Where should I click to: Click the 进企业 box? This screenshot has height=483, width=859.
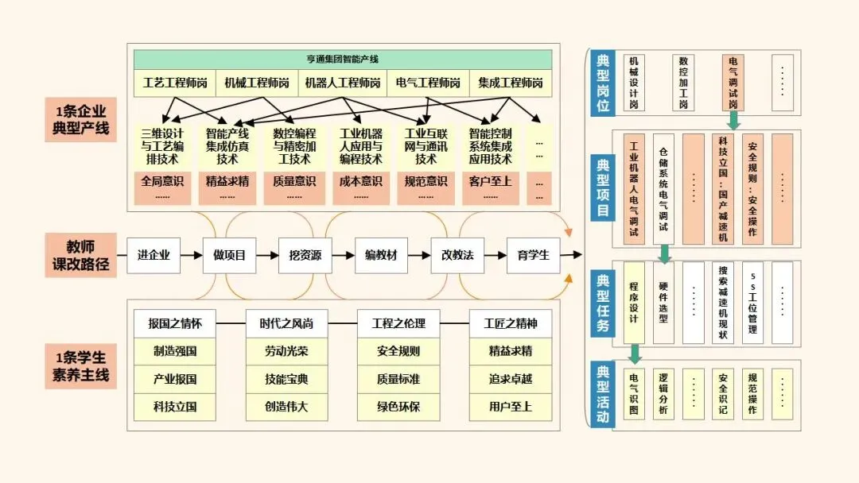[x=154, y=255]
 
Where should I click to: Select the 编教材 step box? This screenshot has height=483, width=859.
[x=381, y=255]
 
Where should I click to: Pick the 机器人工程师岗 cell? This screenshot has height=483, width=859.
[x=343, y=83]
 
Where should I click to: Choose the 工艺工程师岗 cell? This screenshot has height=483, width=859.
[x=175, y=83]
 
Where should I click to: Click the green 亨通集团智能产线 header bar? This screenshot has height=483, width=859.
[x=343, y=60]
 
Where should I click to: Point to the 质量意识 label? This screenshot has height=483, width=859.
[x=293, y=180]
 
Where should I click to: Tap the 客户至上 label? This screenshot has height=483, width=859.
[x=490, y=180]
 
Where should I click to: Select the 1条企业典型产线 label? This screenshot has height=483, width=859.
[x=81, y=119]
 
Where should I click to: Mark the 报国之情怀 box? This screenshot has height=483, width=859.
[x=175, y=323]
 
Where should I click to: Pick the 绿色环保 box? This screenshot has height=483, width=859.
[x=398, y=408]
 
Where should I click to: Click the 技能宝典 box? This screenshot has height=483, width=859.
[x=286, y=379]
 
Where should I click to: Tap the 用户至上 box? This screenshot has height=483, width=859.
[x=511, y=408]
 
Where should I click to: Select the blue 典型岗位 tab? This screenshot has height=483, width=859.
[x=602, y=82]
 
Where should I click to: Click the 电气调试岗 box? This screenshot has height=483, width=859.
[x=732, y=82]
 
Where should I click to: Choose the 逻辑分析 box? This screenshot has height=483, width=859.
[x=663, y=394]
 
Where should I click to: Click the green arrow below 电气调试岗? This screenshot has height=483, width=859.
[x=733, y=120]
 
